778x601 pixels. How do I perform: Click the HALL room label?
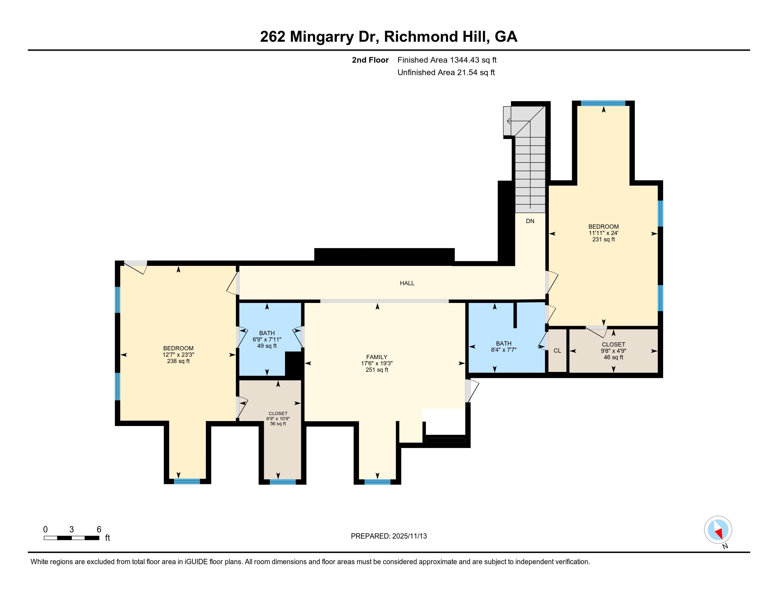point(407,284)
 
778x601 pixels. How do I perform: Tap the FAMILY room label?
point(377,357)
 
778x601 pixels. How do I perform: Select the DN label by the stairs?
point(530,221)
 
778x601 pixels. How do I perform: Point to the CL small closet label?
point(557,351)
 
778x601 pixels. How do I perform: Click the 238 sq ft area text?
point(178,361)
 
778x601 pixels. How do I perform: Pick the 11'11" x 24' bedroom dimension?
point(603,233)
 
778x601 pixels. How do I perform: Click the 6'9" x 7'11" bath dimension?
point(267,340)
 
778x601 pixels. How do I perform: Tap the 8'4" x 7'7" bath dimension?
point(503,350)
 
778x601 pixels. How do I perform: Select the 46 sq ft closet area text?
point(614,357)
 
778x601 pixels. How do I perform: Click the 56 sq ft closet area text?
point(278,424)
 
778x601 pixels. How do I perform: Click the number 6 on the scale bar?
point(99,530)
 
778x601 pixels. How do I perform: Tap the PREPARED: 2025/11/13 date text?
point(389,536)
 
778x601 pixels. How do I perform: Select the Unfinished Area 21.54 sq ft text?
point(446,72)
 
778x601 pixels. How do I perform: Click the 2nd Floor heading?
point(370,60)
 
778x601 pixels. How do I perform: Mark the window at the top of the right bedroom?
point(603,104)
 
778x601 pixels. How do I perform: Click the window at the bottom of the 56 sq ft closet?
point(283,482)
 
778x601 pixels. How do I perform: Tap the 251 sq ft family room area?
point(377,370)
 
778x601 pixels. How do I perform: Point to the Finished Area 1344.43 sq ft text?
point(447,60)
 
